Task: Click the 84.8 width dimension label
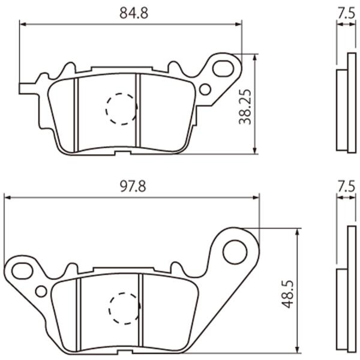pyautogui.click(x=134, y=13)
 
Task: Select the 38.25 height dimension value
pyautogui.click(x=245, y=107)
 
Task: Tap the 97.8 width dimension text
pyautogui.click(x=133, y=186)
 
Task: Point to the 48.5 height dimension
pyautogui.click(x=287, y=294)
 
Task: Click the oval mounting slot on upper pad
pyautogui.click(x=223, y=68)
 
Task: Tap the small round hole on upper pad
pyautogui.click(x=205, y=89)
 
